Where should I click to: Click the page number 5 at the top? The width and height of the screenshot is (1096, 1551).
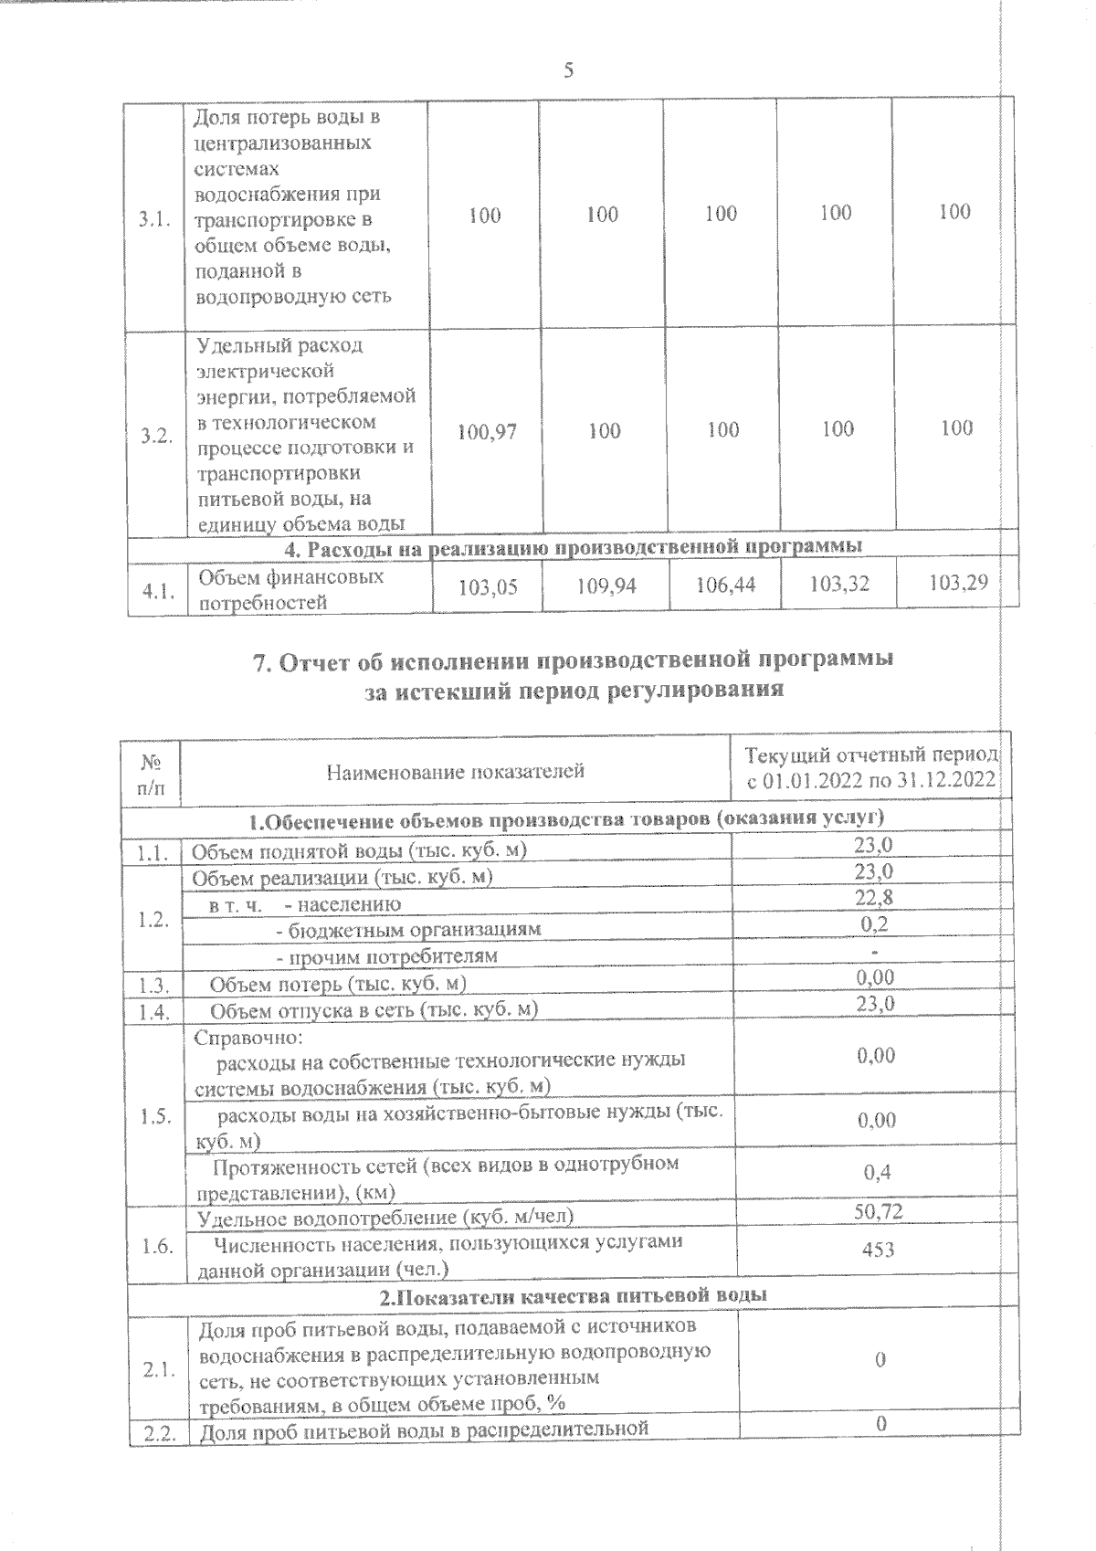[568, 71]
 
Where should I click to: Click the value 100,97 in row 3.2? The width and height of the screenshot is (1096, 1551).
[487, 431]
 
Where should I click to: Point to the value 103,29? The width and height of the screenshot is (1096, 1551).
[958, 582]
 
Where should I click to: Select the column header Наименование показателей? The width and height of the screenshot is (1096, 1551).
[456, 773]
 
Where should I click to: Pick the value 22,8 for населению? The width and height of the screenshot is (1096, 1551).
[874, 898]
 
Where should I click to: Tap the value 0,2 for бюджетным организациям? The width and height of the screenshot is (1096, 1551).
[875, 923]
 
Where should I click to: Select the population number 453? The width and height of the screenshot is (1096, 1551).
[878, 1249]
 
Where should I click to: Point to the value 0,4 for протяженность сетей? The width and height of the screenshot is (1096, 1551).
[878, 1173]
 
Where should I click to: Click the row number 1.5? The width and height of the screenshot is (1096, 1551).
[156, 1116]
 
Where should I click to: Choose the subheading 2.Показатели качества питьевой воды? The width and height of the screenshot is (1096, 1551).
[573, 1295]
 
